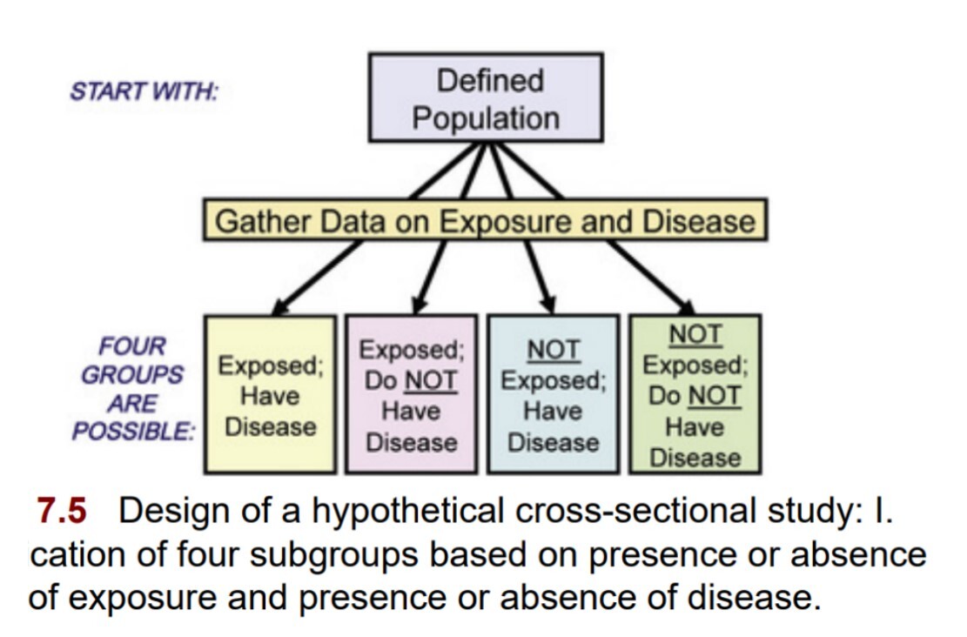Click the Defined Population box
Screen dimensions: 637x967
pyautogui.click(x=485, y=97)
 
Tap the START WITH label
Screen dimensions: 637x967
pyautogui.click(x=144, y=91)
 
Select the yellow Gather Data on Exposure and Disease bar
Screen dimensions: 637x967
pyautogui.click(x=485, y=221)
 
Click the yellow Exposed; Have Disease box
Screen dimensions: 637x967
pyautogui.click(x=270, y=394)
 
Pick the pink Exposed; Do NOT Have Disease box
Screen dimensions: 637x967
pyautogui.click(x=411, y=394)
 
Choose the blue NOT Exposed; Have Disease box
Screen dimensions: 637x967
pyautogui.click(x=553, y=394)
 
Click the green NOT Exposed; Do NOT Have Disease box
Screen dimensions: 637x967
pyautogui.click(x=695, y=394)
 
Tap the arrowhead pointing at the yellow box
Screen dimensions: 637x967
pyautogui.click(x=280, y=306)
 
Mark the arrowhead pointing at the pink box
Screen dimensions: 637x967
pyautogui.click(x=419, y=305)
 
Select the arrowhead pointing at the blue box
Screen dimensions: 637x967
pyautogui.click(x=548, y=305)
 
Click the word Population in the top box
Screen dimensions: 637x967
pyautogui.click(x=485, y=117)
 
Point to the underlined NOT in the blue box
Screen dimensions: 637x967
pyautogui.click(x=554, y=350)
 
